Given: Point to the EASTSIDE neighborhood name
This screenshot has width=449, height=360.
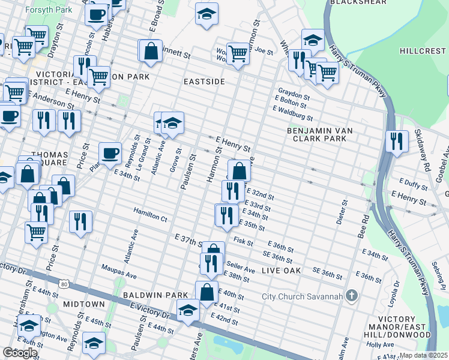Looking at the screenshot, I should coord(204,81).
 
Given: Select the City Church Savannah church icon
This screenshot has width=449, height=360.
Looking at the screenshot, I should coord(352,296).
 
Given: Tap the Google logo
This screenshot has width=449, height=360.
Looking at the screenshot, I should coord(20,353).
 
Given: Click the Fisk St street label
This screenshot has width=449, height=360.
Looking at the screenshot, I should coord(243,241).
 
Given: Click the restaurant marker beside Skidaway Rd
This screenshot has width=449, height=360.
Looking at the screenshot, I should coord(397,142).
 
